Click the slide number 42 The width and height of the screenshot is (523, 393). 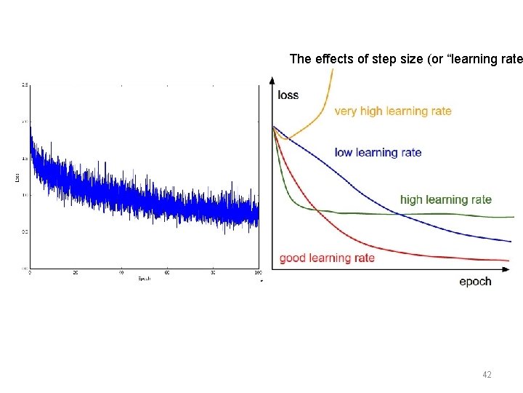[487, 375]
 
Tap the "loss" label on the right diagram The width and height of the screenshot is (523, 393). [288, 95]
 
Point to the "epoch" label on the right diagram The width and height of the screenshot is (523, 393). [475, 282]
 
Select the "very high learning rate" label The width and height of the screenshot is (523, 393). [392, 111]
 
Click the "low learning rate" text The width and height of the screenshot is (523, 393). [378, 153]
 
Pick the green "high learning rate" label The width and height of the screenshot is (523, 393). [446, 199]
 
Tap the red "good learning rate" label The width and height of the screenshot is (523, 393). [328, 258]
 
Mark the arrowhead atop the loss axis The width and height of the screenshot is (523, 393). [271, 79]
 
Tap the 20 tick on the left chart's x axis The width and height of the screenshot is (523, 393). [75, 274]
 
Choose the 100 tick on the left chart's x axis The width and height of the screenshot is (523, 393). [258, 274]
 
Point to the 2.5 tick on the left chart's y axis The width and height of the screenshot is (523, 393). [25, 86]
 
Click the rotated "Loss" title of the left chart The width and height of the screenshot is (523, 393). [17, 177]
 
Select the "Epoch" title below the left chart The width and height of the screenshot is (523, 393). [143, 279]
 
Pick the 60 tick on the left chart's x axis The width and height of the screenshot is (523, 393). [166, 274]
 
